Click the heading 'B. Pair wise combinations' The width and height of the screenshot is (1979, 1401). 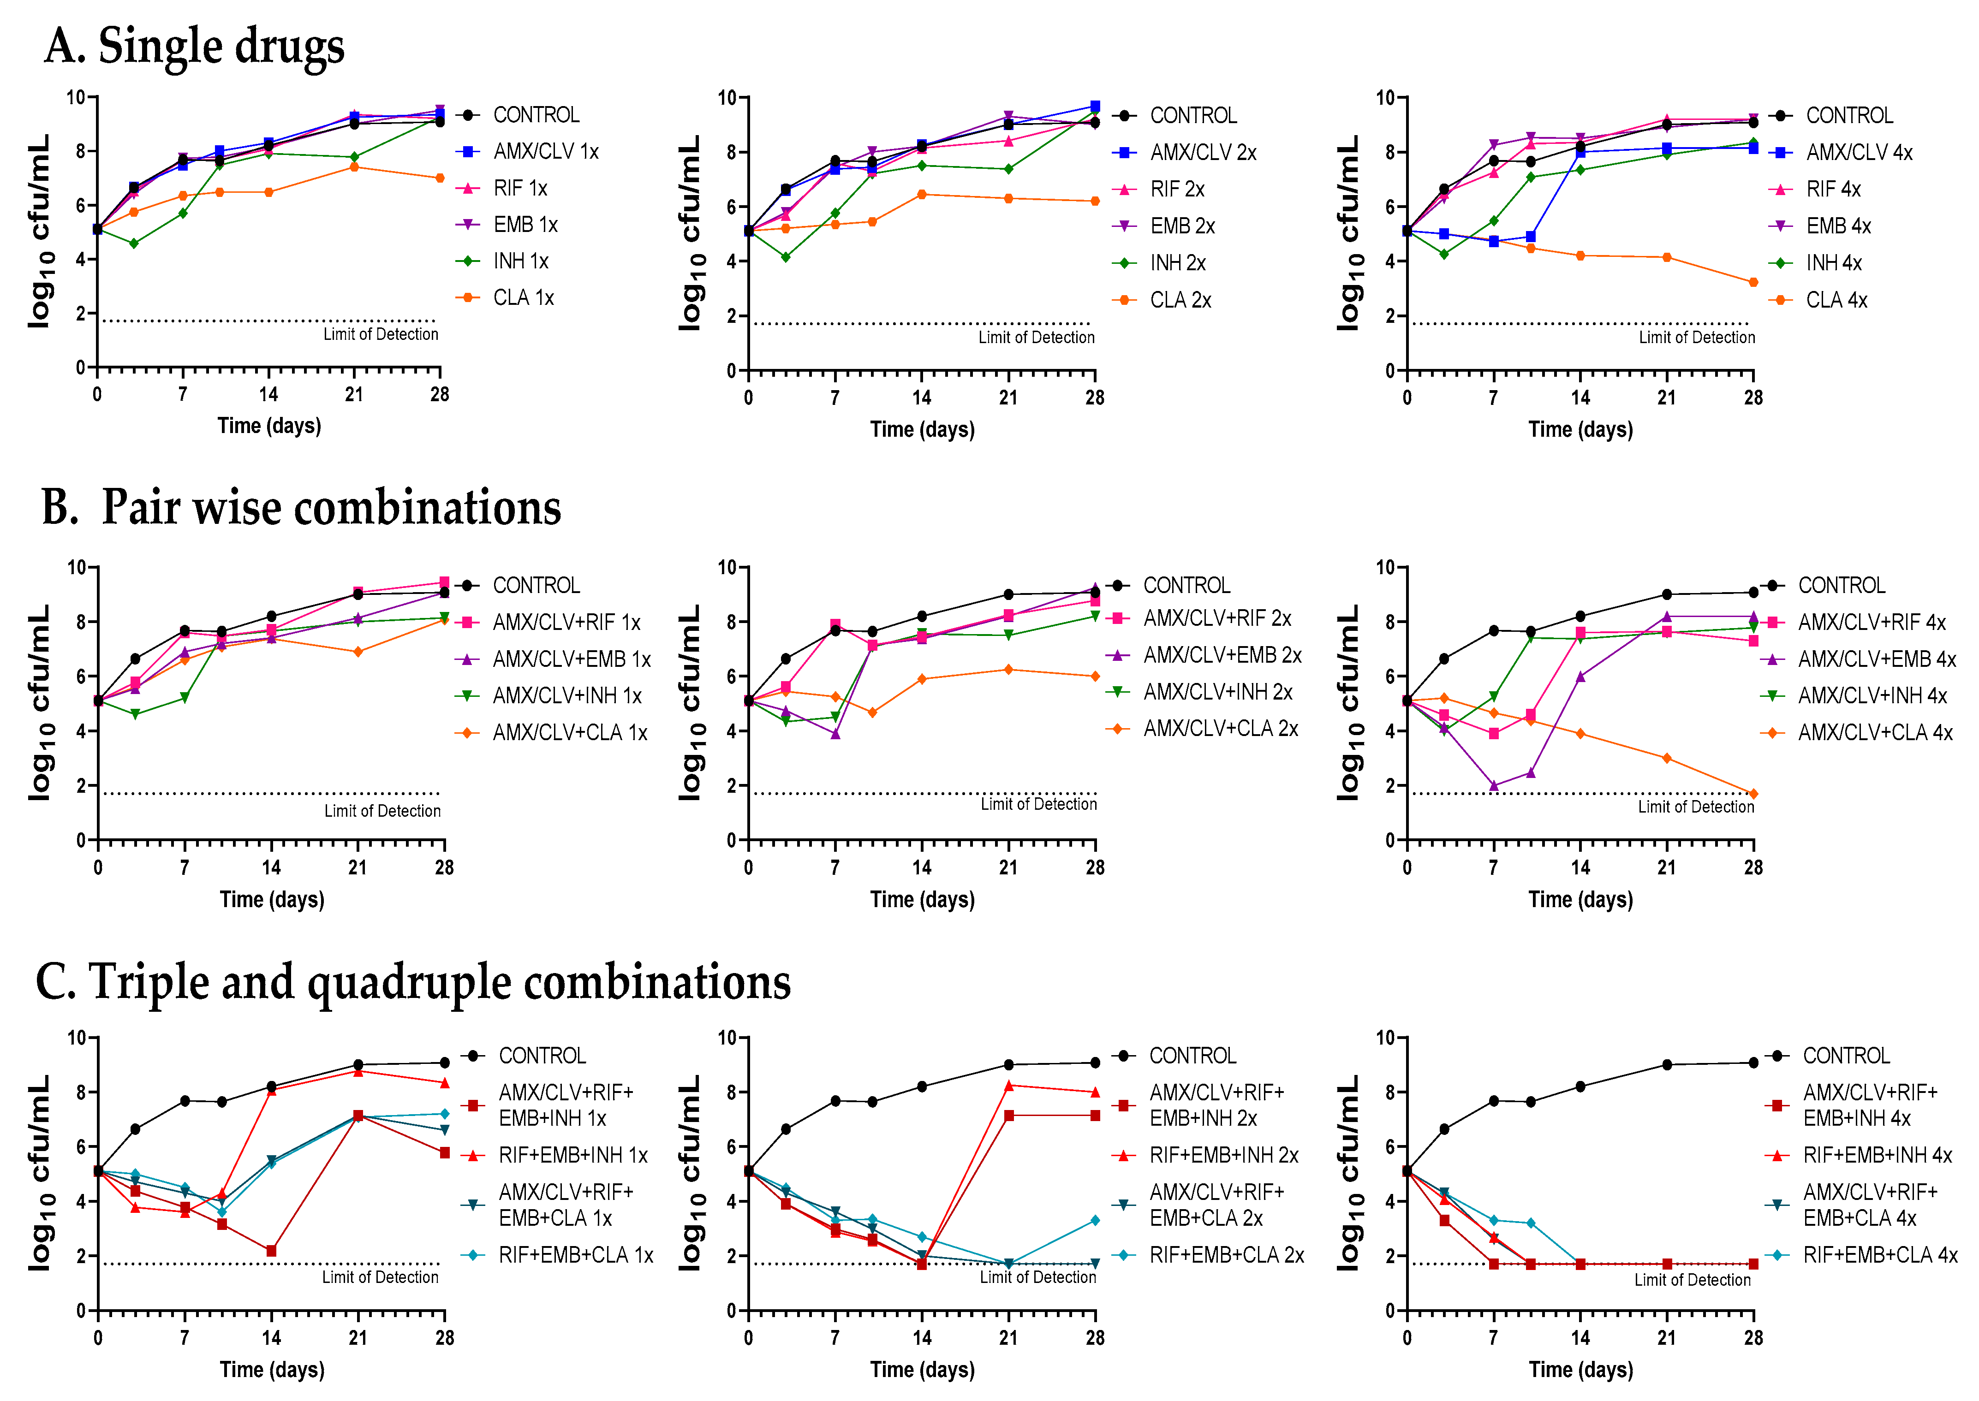coord(302,507)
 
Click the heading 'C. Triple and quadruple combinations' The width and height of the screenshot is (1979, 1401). coord(412,982)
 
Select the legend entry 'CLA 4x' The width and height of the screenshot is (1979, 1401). coord(1836,300)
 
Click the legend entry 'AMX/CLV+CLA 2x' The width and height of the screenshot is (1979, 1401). coord(1220,729)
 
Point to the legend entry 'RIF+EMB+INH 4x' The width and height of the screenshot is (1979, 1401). coord(1877,1155)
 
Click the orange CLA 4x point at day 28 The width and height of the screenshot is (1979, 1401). coord(1753,282)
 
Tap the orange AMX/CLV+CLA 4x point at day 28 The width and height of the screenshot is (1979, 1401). coord(1753,794)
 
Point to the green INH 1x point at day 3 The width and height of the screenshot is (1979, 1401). coord(134,243)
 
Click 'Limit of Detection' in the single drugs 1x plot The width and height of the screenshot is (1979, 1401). coord(381,335)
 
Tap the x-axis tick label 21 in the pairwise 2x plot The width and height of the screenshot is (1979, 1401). coord(1008,868)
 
